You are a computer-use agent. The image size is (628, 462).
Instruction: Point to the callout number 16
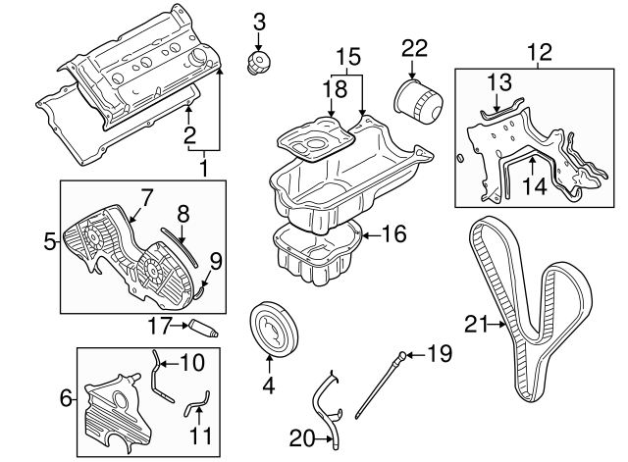pos(392,234)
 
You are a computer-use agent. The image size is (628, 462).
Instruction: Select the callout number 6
pos(67,397)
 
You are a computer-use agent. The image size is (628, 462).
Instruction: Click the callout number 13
pos(499,82)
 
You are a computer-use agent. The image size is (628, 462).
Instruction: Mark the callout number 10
pos(192,362)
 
